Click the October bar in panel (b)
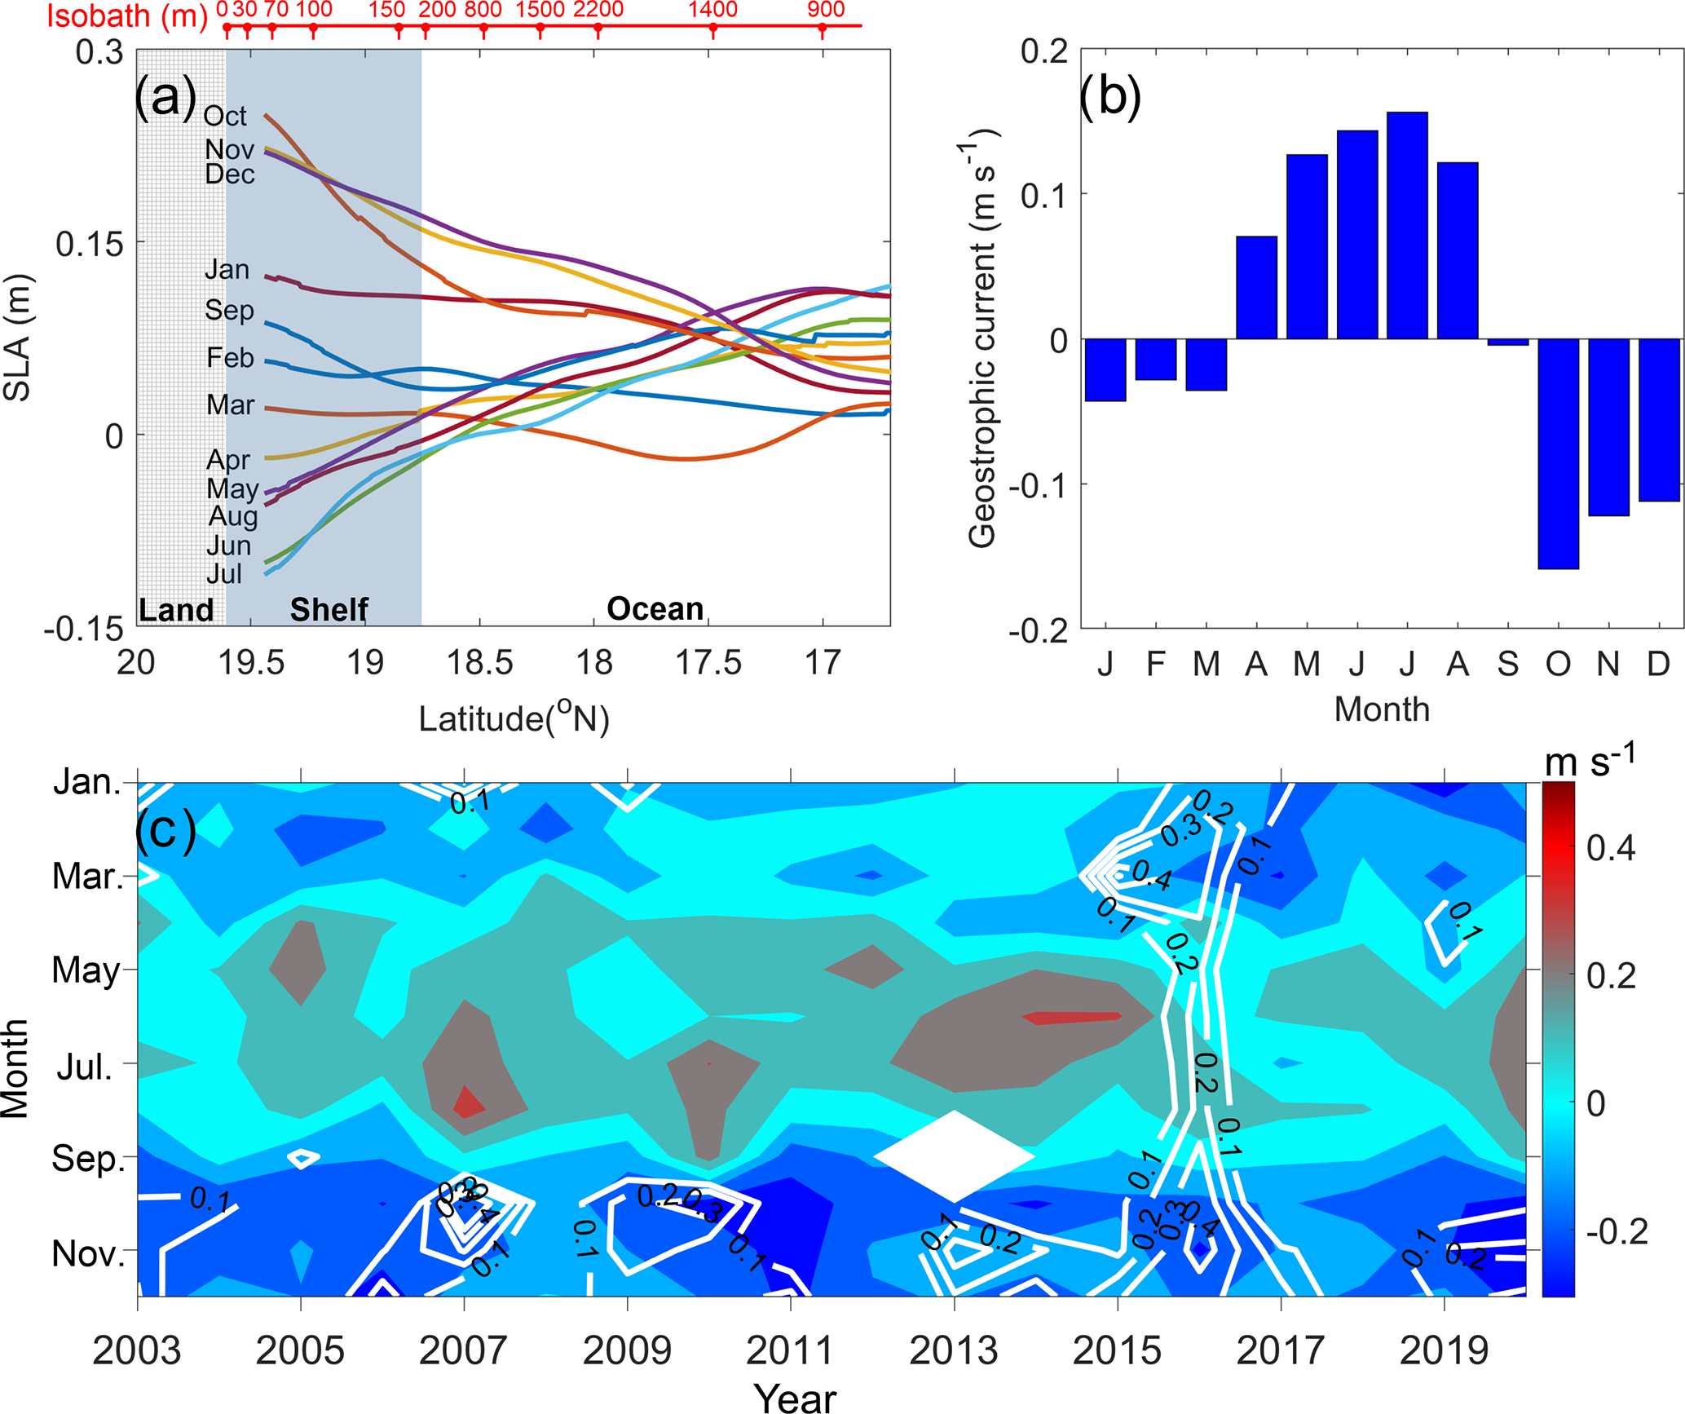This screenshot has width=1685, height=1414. pos(1558,453)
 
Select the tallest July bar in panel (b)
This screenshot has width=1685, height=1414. pos(1407,225)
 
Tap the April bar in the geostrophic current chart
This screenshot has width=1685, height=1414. pos(1256,287)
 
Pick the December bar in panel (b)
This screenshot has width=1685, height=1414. pos(1659,419)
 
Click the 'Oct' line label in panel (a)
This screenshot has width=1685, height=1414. pos(224,116)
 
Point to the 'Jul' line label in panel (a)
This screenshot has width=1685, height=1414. pos(224,574)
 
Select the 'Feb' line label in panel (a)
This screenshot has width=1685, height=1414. pos(230,357)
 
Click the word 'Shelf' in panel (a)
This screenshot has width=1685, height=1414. pos(329,609)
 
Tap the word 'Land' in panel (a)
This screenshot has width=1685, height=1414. pos(176,610)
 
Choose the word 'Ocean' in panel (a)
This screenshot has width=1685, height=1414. pos(655,608)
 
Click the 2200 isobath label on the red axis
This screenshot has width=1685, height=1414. pos(598,10)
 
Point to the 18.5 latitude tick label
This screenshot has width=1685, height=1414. pos(479,662)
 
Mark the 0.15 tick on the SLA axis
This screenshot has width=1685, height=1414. pos(89,243)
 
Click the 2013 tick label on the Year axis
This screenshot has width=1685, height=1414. pos(953,1350)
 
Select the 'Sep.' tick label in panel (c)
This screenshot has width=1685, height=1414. pos(88,1159)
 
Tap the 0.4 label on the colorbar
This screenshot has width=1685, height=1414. pos(1611,849)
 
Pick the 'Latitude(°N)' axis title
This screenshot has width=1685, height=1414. pos(514,718)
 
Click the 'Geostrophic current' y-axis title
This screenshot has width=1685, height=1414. pos(983,338)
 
